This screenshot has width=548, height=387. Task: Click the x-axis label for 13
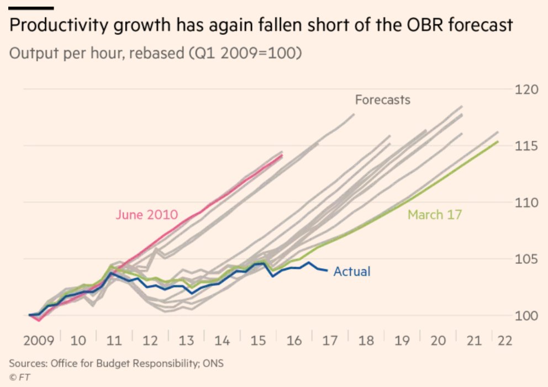click(186, 340)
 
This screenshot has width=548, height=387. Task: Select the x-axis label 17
click(330, 340)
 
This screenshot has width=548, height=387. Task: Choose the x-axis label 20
click(438, 340)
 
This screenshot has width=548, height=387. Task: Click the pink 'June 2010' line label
click(146, 214)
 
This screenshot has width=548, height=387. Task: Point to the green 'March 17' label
click(434, 214)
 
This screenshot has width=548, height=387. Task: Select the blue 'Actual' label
click(352, 272)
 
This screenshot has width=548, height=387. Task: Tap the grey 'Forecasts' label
click(382, 100)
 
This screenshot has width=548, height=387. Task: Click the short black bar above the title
click(31, 8)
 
